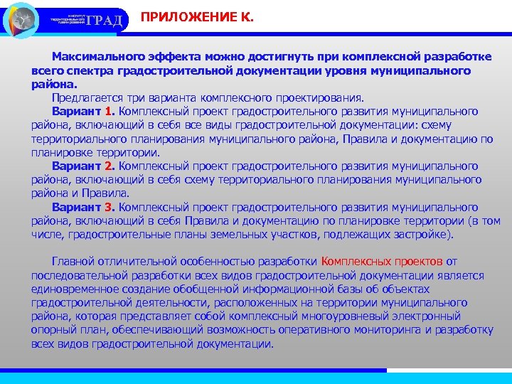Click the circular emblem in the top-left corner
coord(21,19)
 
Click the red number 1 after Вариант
coord(108,111)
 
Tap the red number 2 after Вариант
coord(108,165)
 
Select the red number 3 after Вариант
coord(108,206)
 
